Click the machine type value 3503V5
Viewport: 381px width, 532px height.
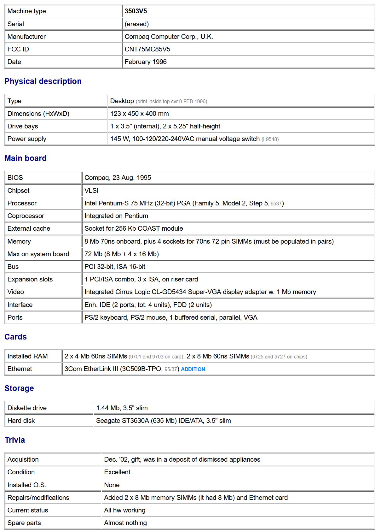[x=136, y=11]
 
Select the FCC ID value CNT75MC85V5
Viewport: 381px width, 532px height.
[x=147, y=49]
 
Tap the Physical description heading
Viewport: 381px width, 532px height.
[x=43, y=81]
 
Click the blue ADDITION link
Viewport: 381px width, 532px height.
[x=193, y=369]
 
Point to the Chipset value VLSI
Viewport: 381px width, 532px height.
[x=91, y=191]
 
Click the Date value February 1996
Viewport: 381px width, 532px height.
[x=146, y=62]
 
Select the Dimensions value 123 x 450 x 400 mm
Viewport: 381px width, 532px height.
[x=140, y=114]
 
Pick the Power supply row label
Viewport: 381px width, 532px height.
[x=27, y=139]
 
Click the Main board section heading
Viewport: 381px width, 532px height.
[x=26, y=158]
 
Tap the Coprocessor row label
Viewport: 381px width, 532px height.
[x=26, y=216]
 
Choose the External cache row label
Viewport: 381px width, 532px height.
[x=29, y=228]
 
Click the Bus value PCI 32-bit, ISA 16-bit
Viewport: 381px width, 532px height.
[x=115, y=267]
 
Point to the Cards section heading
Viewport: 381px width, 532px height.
[x=15, y=337]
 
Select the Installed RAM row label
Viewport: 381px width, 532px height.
[x=27, y=356]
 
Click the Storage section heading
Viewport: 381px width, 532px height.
[x=19, y=388]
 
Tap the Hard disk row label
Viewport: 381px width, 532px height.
[x=21, y=421]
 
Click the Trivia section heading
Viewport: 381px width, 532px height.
[x=14, y=440]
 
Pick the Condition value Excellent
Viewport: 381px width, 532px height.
[x=117, y=472]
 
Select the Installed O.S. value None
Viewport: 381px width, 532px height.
[x=112, y=485]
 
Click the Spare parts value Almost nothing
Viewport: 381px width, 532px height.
[x=125, y=523]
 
